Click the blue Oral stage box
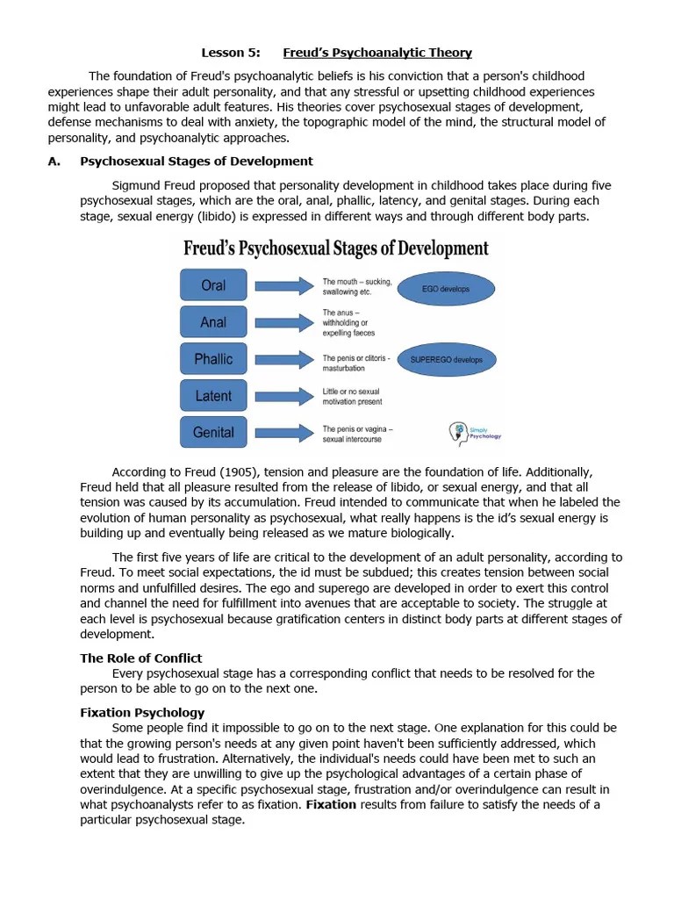213,285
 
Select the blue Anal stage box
213,322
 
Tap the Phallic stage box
213,359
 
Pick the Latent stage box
213,396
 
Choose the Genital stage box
213,432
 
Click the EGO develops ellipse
446,289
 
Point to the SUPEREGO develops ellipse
447,360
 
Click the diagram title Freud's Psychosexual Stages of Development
336,248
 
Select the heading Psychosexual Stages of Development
197,161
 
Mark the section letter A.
53,161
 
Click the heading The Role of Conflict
141,658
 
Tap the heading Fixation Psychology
142,712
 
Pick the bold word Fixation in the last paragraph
331,804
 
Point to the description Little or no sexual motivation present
352,396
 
